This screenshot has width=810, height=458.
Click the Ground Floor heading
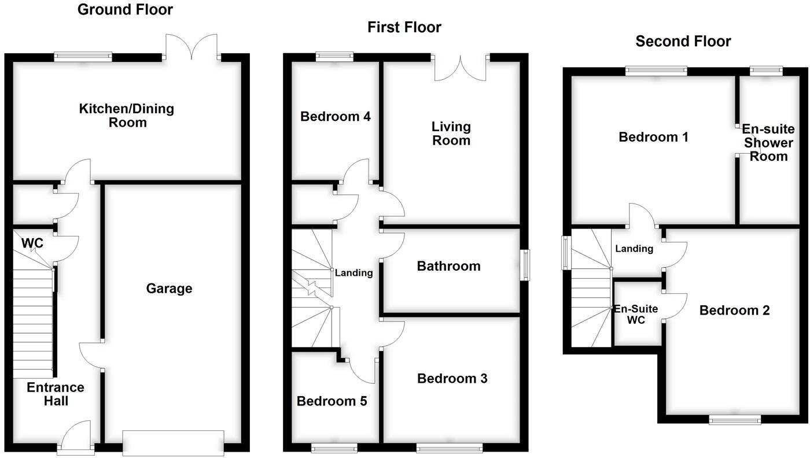click(125, 10)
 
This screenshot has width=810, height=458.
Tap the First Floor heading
click(404, 28)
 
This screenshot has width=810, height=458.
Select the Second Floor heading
click(683, 41)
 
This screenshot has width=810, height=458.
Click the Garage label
click(169, 289)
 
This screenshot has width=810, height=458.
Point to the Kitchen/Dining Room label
click(127, 115)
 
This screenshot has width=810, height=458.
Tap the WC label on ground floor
click(32, 243)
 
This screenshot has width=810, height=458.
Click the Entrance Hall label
click(56, 394)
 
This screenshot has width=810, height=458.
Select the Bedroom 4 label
click(335, 116)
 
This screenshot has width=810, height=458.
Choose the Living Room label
click(451, 134)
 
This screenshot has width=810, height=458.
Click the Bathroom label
click(449, 267)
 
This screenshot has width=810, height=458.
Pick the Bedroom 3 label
click(452, 378)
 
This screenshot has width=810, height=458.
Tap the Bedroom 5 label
click(332, 401)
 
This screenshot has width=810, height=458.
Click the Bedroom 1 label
click(653, 137)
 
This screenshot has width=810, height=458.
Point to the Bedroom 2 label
click(734, 310)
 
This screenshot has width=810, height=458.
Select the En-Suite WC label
click(636, 314)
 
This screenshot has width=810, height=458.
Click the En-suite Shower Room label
click(768, 142)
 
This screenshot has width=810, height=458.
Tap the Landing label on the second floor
click(634, 249)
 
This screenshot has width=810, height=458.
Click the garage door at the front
click(173, 443)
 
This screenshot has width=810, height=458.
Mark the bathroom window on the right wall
click(525, 265)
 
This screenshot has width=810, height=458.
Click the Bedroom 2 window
click(735, 419)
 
